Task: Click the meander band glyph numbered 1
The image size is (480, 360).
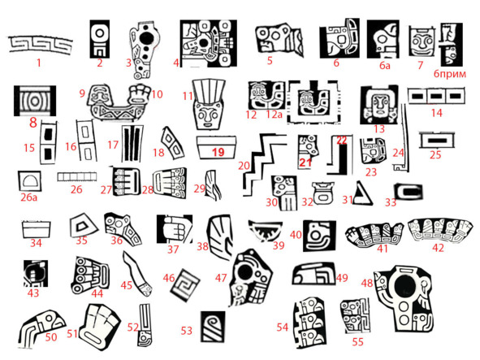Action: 40,46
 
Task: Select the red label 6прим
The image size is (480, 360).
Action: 450,74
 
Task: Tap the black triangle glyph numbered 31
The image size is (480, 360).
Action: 363,193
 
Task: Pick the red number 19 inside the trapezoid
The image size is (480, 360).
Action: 218,152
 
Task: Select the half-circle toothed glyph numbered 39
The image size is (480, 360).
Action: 265,231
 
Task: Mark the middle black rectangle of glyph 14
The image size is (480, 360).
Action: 436,97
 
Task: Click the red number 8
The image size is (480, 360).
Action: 33,123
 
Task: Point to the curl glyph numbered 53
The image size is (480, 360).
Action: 213,327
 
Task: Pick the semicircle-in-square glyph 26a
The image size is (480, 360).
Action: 29,181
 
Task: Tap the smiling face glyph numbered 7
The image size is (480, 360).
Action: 422,41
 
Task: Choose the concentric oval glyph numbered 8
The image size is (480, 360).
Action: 35,101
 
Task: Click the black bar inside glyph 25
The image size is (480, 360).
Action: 437,141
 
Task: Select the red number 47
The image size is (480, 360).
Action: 221,278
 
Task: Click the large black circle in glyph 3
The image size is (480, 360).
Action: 147,38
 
